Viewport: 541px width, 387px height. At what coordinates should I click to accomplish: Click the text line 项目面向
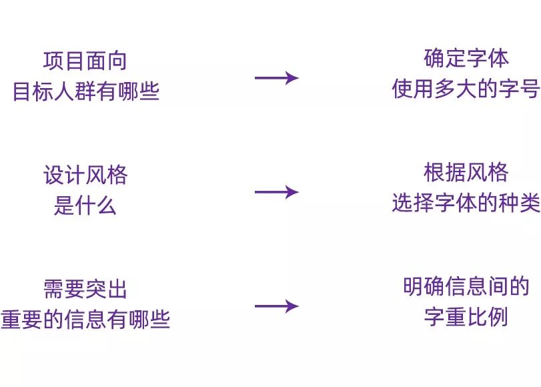pyautogui.click(x=85, y=61)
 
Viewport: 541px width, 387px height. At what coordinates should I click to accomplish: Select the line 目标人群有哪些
pyautogui.click(x=86, y=91)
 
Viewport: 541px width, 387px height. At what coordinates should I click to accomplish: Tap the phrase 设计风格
pyautogui.click(x=85, y=175)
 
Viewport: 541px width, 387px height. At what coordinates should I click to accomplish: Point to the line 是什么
pyautogui.click(x=85, y=206)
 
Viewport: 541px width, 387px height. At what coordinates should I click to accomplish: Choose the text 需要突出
pyautogui.click(x=85, y=290)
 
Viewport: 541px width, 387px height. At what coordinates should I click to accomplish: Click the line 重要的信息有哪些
pyautogui.click(x=85, y=320)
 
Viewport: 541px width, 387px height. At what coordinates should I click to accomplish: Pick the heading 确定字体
pyautogui.click(x=466, y=59)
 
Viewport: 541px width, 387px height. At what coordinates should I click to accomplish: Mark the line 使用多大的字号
pyautogui.click(x=466, y=89)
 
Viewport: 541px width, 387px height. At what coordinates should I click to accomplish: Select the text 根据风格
pyautogui.click(x=466, y=173)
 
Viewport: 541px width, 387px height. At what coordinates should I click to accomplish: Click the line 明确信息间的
pyautogui.click(x=466, y=287)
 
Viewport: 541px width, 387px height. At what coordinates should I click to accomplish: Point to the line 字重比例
pyautogui.click(x=466, y=317)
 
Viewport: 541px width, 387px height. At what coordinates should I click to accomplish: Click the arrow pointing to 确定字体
pyautogui.click(x=276, y=77)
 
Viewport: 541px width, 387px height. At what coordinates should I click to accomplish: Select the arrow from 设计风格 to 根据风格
pyautogui.click(x=276, y=192)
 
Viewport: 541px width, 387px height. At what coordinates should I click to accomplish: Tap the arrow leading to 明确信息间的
pyautogui.click(x=276, y=306)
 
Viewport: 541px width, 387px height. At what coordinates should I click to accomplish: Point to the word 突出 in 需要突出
pyautogui.click(x=106, y=290)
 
